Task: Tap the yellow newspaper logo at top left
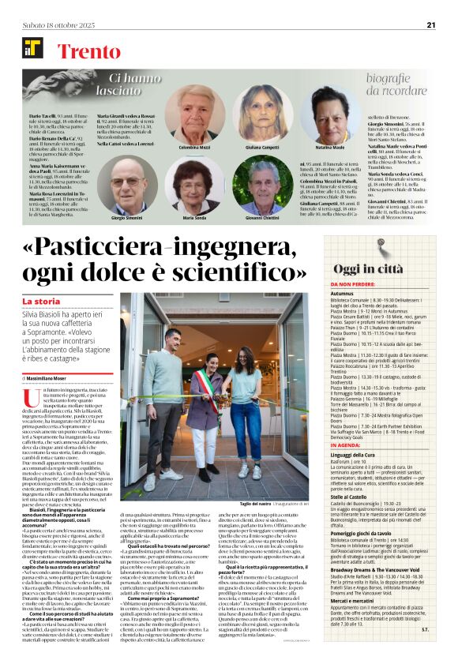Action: pyautogui.click(x=32, y=49)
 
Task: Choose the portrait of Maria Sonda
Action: pyautogui.click(x=194, y=187)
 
